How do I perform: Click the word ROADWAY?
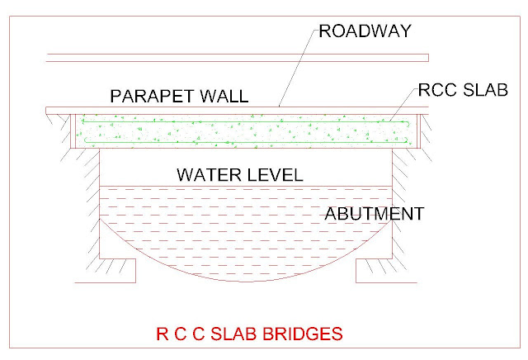(x=365, y=31)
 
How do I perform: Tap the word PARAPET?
(x=152, y=96)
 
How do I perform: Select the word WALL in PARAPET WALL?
(x=224, y=96)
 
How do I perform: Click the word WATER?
(x=209, y=175)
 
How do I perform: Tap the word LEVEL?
(x=276, y=175)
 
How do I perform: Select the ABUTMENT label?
(x=374, y=214)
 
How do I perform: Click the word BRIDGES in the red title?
(x=303, y=334)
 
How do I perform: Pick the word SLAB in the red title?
(x=233, y=334)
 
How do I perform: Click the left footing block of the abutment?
(x=117, y=271)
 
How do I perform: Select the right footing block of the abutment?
(x=374, y=271)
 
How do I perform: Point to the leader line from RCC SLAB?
(x=403, y=104)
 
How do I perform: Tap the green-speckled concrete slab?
(x=246, y=131)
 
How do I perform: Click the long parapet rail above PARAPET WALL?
(x=238, y=58)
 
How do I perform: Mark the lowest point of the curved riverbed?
(x=246, y=281)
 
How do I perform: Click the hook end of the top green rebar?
(x=408, y=123)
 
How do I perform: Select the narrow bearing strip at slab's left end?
(x=73, y=131)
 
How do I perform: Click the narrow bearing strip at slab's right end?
(x=419, y=131)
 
